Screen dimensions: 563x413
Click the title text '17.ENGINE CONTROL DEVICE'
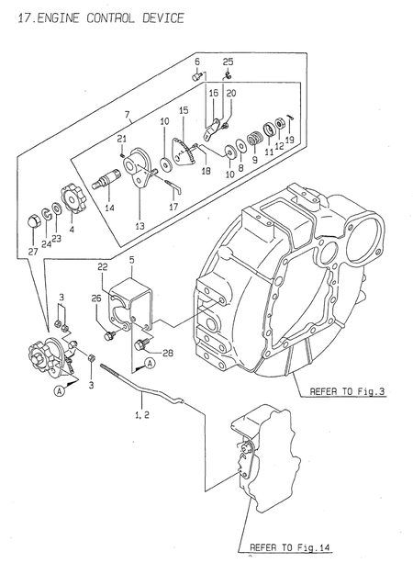[x=94, y=17]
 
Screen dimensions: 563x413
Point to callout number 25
[x=228, y=62]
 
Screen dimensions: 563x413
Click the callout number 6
[x=196, y=62]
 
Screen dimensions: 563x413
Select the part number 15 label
[x=183, y=110]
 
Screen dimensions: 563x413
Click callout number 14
[x=109, y=208]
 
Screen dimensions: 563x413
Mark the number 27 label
[x=33, y=249]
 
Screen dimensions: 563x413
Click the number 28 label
[x=167, y=352]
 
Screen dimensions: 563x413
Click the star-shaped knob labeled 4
[x=73, y=198]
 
